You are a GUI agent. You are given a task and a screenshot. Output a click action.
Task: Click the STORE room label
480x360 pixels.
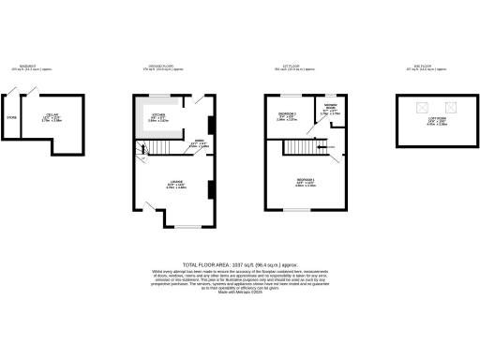(x=12, y=118)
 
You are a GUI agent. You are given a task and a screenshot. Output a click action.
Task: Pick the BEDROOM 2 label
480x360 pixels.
(x=287, y=114)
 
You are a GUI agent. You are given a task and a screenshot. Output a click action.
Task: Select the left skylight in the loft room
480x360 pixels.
(x=419, y=105)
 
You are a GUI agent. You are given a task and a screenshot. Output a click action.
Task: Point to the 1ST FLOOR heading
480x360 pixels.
(x=295, y=66)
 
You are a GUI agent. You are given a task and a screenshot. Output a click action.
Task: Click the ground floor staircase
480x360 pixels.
(x=144, y=150)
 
